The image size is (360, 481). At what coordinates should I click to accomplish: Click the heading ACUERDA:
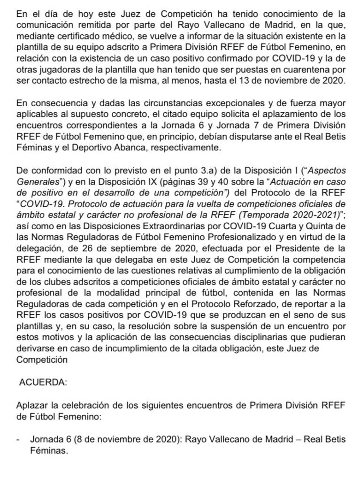43,382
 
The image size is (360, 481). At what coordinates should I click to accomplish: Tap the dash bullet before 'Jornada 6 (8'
17,439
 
